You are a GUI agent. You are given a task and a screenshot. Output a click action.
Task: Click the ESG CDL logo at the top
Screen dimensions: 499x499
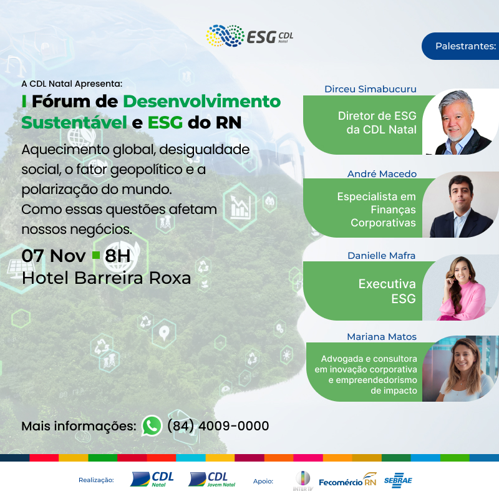tap(249, 36)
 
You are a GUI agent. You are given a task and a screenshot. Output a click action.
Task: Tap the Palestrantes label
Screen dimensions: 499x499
tap(465, 46)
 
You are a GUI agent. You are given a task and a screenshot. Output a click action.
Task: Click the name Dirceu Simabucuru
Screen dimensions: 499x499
tap(371, 89)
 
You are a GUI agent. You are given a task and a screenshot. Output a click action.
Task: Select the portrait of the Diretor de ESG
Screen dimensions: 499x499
tap(460, 122)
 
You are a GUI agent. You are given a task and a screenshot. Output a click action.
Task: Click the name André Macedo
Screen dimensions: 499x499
tap(382, 174)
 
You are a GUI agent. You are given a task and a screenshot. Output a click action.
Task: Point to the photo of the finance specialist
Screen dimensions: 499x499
tap(460, 205)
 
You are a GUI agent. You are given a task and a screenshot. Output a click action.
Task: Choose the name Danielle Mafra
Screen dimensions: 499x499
tap(382, 256)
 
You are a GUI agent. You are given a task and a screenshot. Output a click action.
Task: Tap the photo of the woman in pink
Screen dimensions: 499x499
tap(460, 288)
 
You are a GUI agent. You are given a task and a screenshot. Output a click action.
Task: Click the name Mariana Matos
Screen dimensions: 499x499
tap(382, 337)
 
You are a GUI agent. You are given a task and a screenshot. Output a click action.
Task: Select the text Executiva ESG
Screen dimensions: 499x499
tap(387, 291)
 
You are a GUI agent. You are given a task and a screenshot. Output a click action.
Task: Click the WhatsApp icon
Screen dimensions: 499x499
tap(152, 425)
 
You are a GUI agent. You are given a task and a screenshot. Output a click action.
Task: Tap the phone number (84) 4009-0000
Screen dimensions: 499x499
tap(218, 426)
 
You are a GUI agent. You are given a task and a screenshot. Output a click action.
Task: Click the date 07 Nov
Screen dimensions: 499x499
tap(54, 256)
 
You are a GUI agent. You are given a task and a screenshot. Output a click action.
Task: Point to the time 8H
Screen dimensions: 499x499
tap(117, 256)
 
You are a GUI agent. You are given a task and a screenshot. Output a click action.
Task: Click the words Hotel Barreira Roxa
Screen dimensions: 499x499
tap(106, 278)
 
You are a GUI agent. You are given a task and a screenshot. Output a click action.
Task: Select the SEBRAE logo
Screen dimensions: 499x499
tap(398, 480)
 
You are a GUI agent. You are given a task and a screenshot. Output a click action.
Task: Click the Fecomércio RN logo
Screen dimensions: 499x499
tap(347, 480)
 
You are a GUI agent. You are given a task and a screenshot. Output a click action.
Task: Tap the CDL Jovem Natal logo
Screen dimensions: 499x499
tap(211, 479)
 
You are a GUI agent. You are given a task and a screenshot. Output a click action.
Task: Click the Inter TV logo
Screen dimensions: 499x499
tap(303, 481)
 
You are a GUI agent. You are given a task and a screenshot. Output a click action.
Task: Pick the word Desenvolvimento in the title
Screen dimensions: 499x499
tap(201, 102)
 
